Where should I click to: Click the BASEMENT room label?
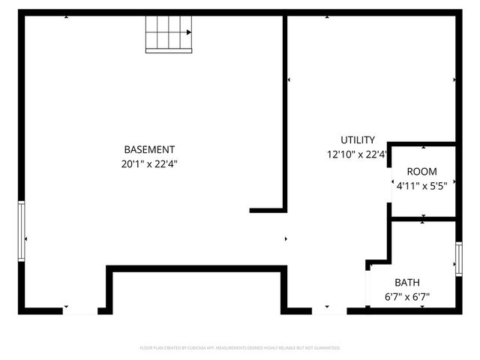(x=150, y=149)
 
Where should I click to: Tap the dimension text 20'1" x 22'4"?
(x=150, y=163)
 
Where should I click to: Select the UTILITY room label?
(x=358, y=140)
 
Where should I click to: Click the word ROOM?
(x=421, y=172)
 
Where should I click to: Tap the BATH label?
(x=408, y=283)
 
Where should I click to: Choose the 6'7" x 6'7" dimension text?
(x=408, y=296)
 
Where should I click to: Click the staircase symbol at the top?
(x=169, y=34)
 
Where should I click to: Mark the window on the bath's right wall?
(x=458, y=259)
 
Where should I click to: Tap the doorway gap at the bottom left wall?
(x=79, y=310)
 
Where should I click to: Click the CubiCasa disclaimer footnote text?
(x=240, y=348)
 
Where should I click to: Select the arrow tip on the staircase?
(x=190, y=32)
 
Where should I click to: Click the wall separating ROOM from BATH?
(x=424, y=219)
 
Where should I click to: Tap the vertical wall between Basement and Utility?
(x=286, y=112)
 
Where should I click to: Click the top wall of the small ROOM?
(x=424, y=143)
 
